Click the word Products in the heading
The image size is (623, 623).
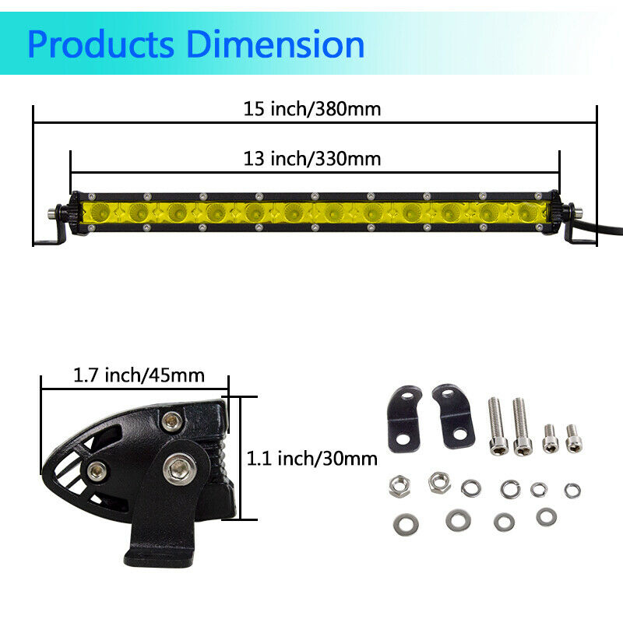click(x=101, y=44)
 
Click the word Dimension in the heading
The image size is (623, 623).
click(x=275, y=44)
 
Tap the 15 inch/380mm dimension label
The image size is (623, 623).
click(x=312, y=109)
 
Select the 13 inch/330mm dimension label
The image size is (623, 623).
click(x=312, y=159)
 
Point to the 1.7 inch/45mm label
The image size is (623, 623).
click(x=139, y=375)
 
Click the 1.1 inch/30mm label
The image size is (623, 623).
click(x=312, y=459)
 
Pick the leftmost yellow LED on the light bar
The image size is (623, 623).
click(x=100, y=212)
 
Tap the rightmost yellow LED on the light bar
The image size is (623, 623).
click(x=529, y=212)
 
